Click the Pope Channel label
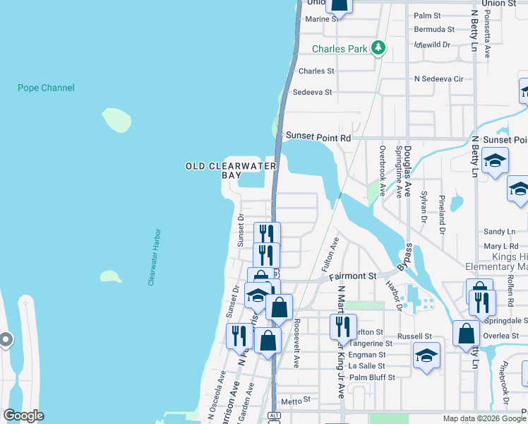(x=46, y=88)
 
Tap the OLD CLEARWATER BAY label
(x=230, y=170)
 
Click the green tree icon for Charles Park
(x=379, y=48)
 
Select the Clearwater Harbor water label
(x=155, y=257)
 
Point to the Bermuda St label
(x=434, y=30)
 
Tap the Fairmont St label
(x=352, y=277)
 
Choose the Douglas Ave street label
(x=408, y=172)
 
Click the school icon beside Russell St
(x=426, y=355)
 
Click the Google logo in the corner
(x=23, y=416)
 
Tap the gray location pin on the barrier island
(x=6, y=340)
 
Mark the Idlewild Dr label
(x=433, y=44)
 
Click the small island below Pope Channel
(x=117, y=120)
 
